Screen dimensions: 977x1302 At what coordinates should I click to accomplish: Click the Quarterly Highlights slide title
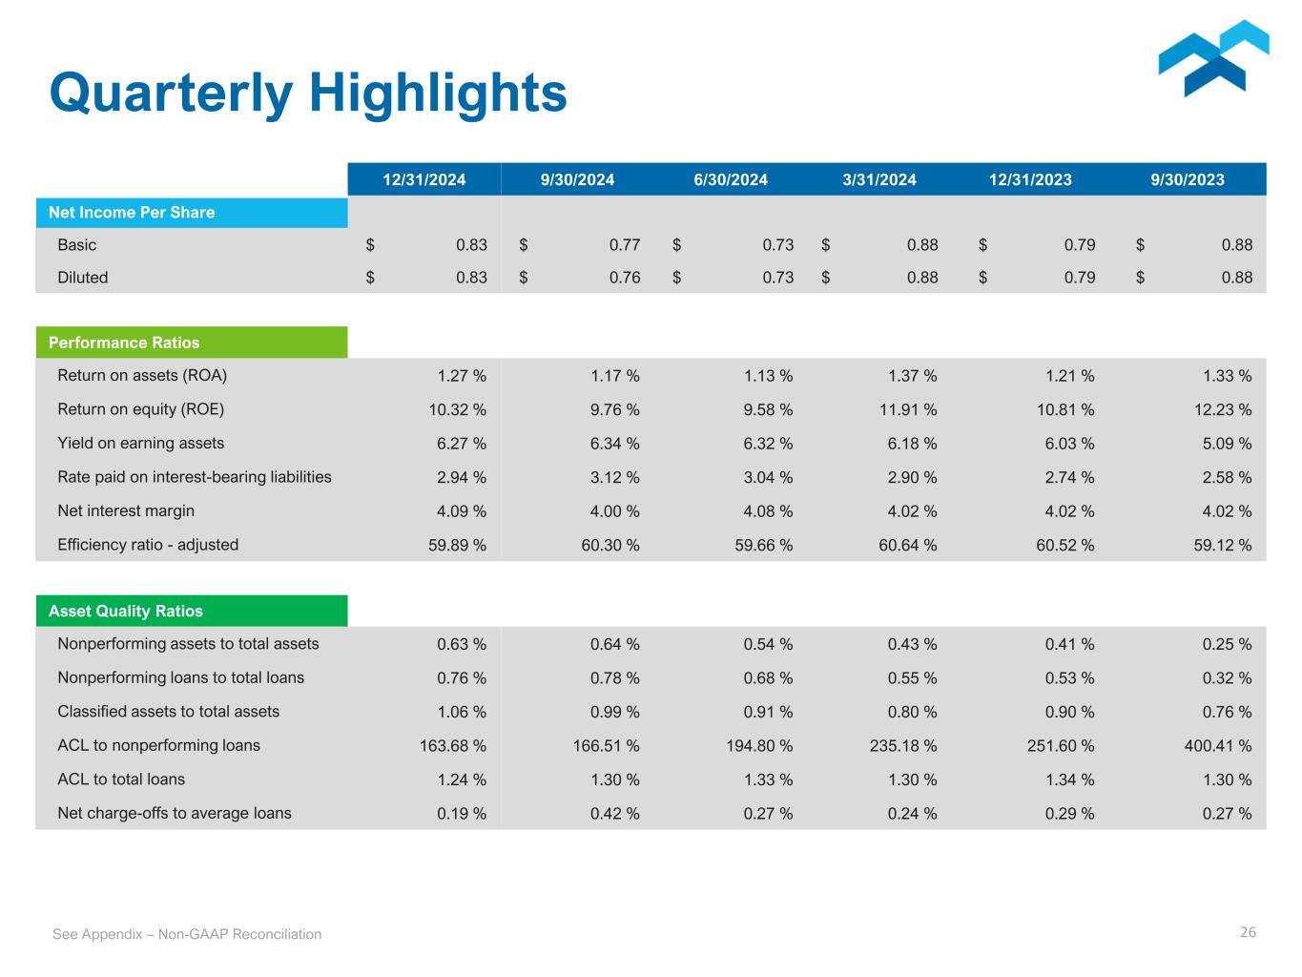tap(308, 94)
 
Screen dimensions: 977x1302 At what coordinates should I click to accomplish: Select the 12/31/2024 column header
tap(424, 179)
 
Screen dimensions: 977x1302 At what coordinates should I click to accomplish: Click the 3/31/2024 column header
tap(879, 179)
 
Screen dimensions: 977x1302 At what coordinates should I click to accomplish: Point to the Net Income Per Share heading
tap(132, 212)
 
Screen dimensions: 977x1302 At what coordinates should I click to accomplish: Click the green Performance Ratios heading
tap(124, 343)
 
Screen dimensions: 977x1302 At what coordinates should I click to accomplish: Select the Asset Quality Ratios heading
tap(126, 611)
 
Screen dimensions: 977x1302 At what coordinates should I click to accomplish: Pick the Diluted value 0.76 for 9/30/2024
tap(625, 278)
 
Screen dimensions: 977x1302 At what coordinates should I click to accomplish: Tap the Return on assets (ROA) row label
tap(142, 375)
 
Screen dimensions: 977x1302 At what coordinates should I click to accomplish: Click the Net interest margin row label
tap(126, 510)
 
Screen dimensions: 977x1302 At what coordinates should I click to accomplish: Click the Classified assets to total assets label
tap(169, 712)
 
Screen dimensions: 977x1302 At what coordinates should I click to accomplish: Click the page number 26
tap(1248, 932)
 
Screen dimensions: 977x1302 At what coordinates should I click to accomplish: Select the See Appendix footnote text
tap(187, 934)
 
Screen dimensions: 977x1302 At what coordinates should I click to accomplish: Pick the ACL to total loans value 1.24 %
tap(462, 780)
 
